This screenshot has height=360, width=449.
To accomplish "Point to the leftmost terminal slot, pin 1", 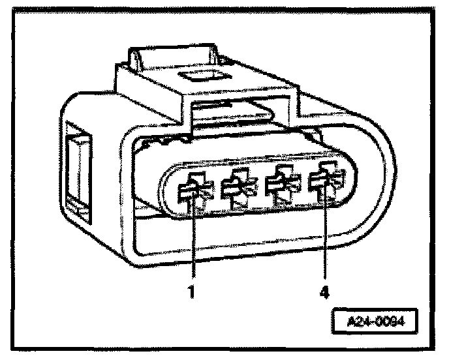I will pos(193,192).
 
